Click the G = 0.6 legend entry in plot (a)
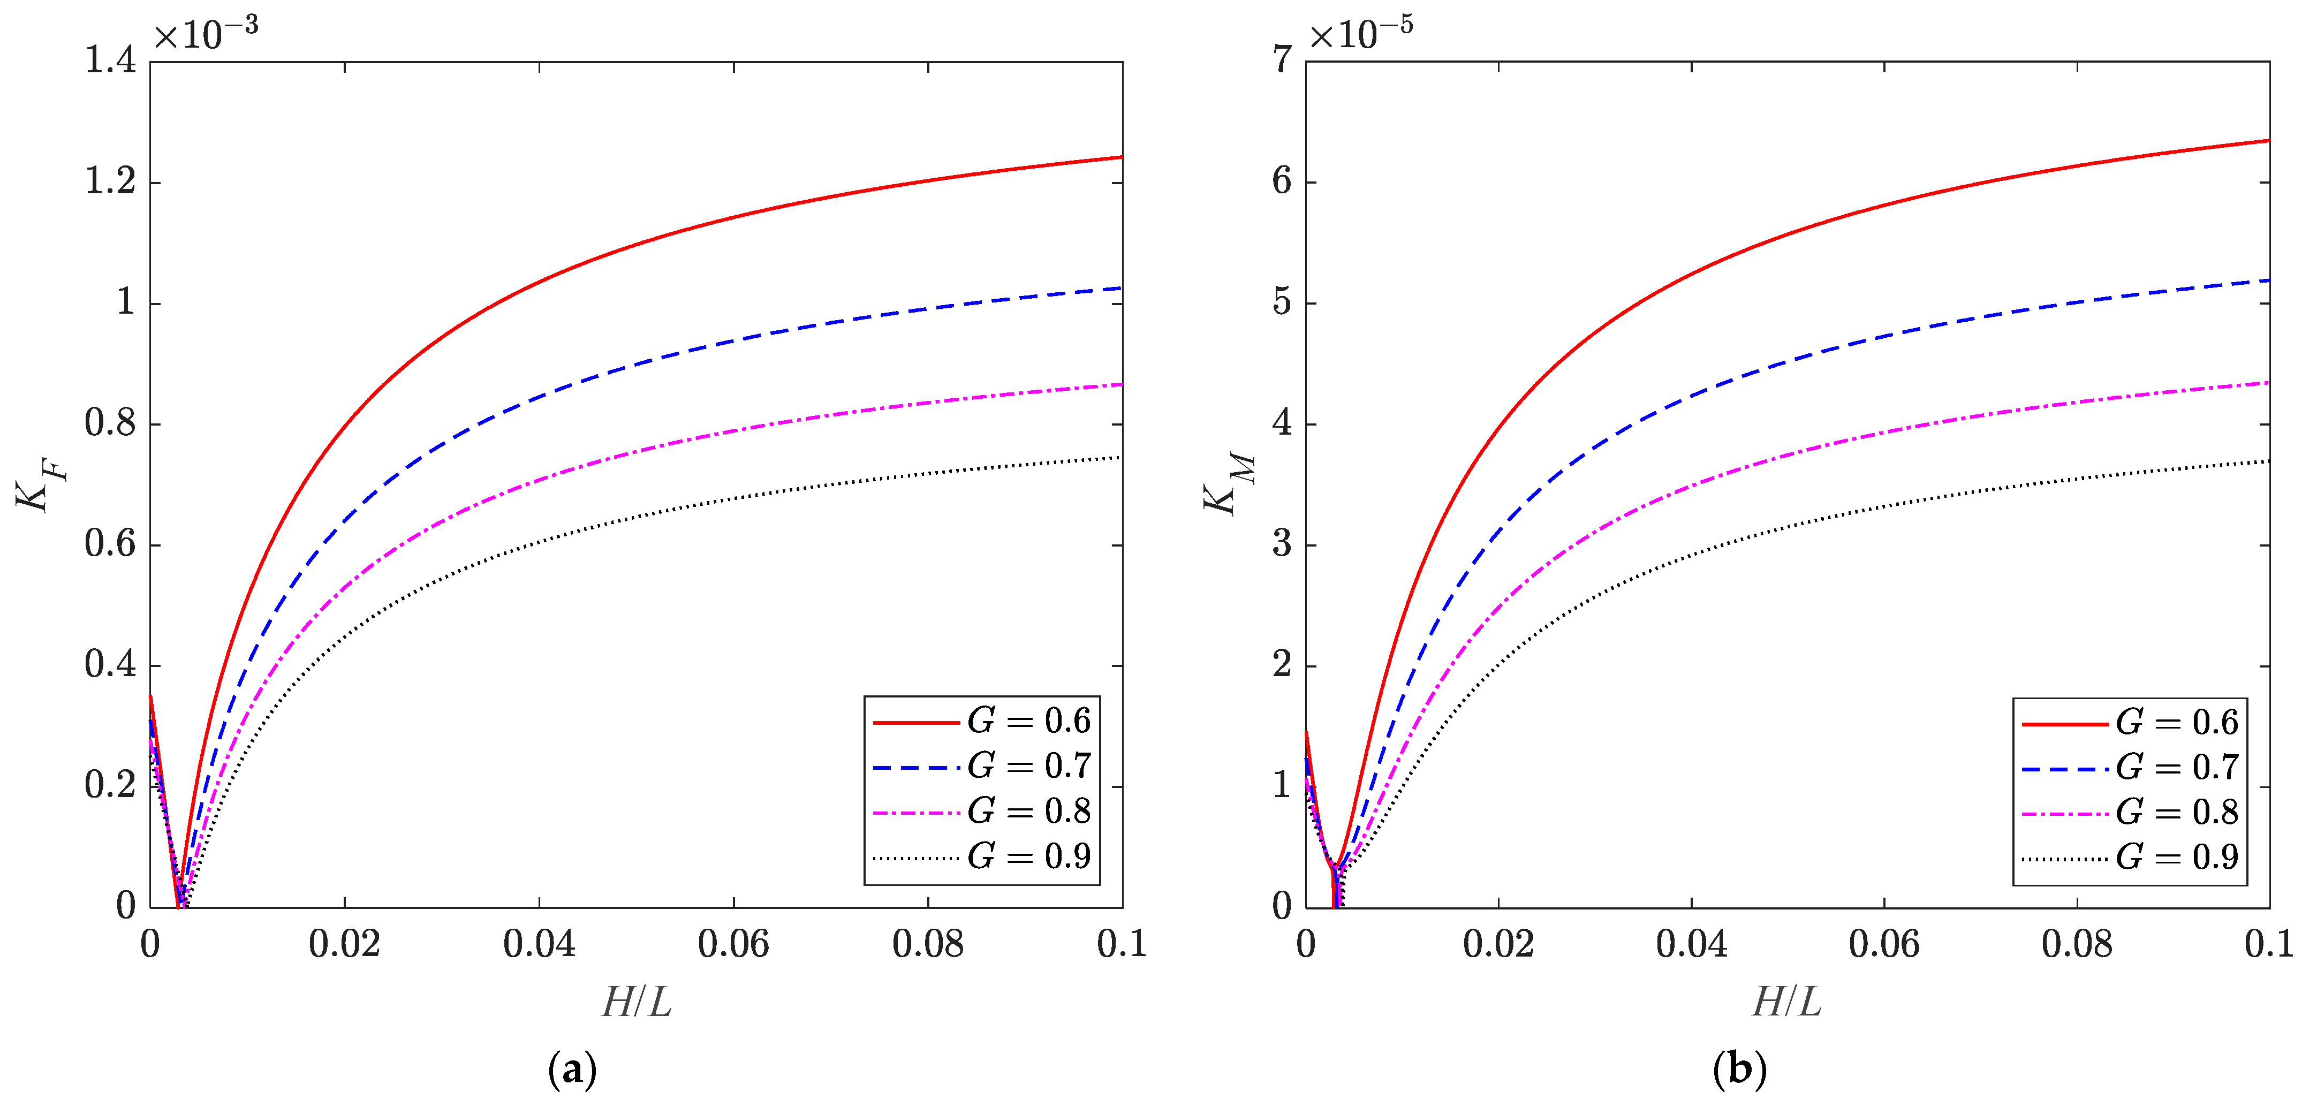[x=982, y=721]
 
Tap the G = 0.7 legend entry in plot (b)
[x=2130, y=767]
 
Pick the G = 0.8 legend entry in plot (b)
[x=2130, y=812]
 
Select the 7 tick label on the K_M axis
[x=1282, y=60]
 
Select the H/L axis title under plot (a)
[x=637, y=1002]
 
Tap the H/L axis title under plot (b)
[x=1787, y=1002]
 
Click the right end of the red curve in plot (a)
[x=1120, y=157]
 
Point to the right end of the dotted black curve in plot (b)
[x=2268, y=461]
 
